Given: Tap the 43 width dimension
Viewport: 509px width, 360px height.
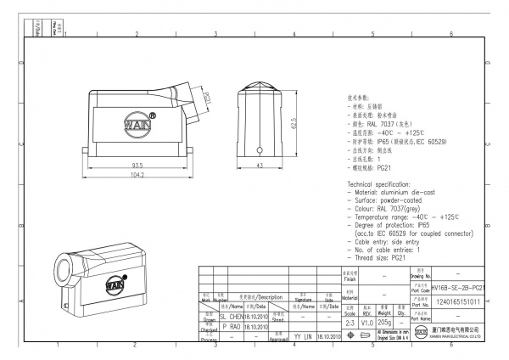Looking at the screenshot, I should pos(260,165).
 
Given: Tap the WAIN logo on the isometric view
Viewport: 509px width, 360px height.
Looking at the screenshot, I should pos(115,287).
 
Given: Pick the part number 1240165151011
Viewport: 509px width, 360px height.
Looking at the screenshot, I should pos(457,301).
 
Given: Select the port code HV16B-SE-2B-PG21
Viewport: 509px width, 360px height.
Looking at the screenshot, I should pos(457,289).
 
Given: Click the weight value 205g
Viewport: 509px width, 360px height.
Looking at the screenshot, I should pos(384,323).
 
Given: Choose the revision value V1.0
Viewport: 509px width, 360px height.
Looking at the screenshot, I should pos(366,323).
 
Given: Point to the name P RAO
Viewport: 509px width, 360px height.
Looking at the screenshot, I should pos(231,326).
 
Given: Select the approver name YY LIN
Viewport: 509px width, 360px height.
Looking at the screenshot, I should pos(304,337).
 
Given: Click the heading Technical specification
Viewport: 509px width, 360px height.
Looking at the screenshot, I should pos(391,184).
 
